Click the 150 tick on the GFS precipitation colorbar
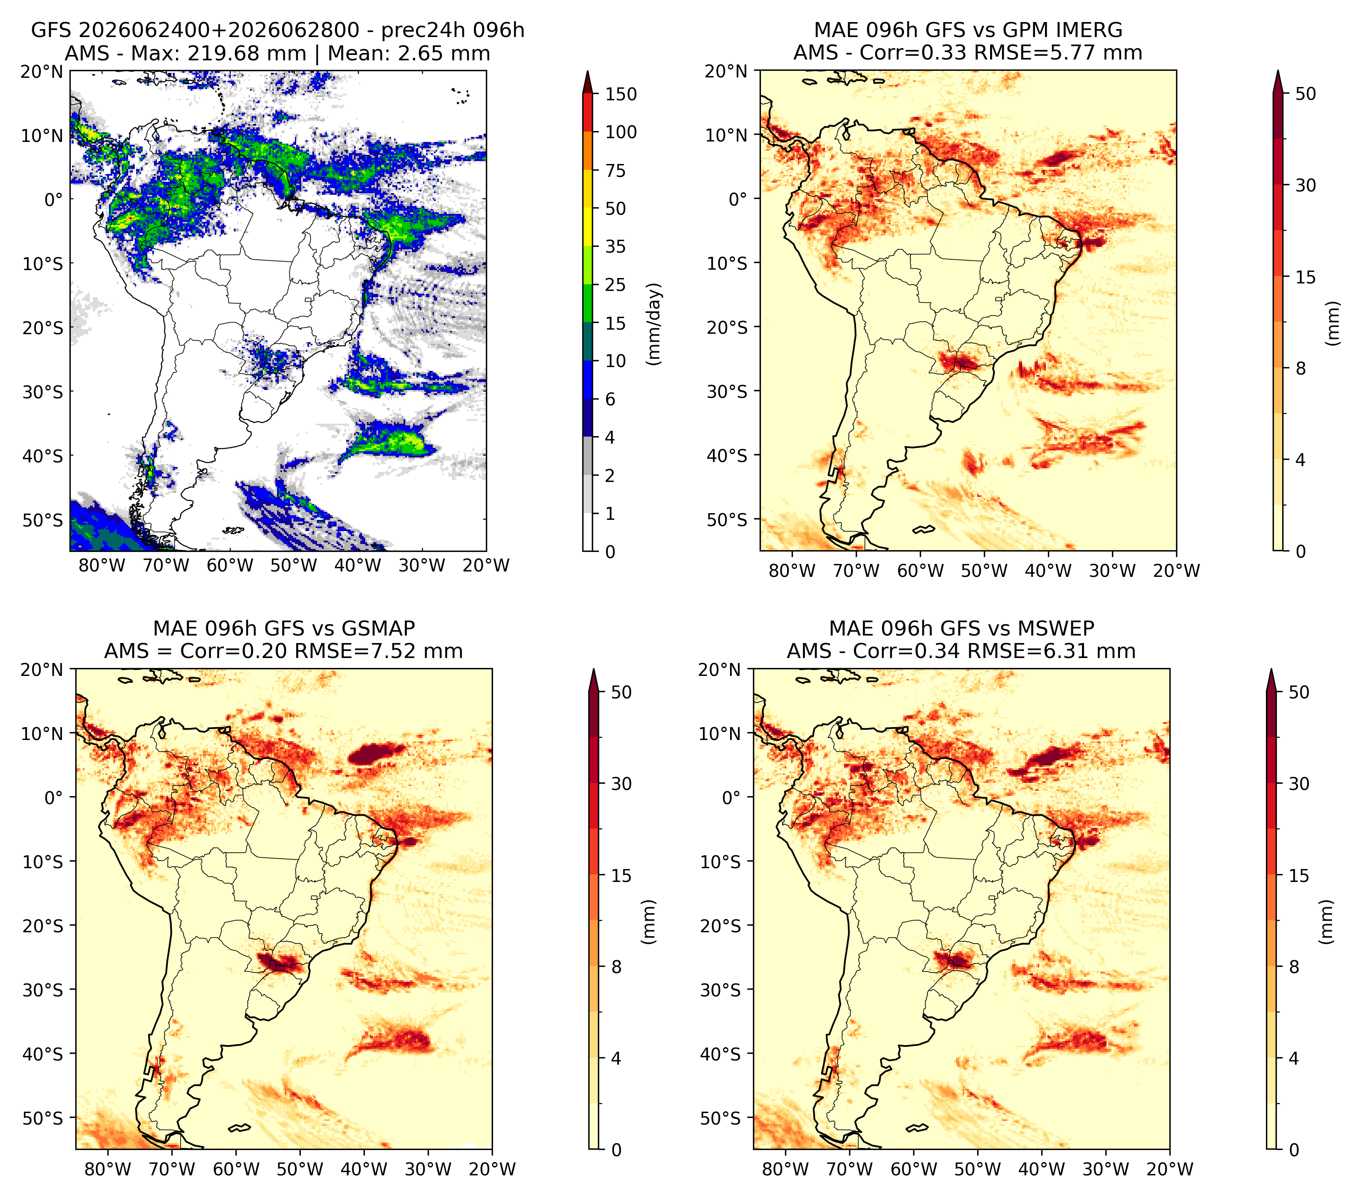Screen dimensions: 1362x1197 point(620,94)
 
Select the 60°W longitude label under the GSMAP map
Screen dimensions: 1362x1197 point(237,1169)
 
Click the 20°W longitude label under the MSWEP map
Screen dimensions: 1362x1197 point(1170,1169)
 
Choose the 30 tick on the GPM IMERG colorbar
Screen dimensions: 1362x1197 point(1305,185)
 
